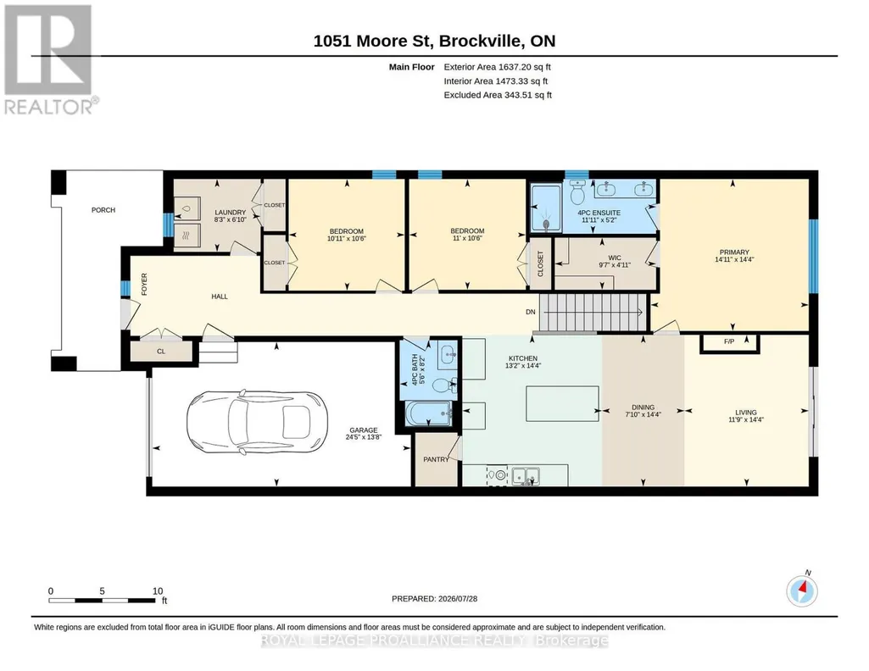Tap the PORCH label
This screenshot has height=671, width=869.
coord(103,210)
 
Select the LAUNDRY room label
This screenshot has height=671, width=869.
coord(230,213)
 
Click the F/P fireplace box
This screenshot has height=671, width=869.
coord(729,342)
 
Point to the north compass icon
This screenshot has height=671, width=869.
coord(802,591)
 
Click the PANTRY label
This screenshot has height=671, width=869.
coord(436,459)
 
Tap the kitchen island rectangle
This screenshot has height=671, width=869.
coord(562,404)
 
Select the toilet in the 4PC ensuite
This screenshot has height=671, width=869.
coord(577,192)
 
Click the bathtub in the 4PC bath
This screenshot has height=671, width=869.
coord(428,414)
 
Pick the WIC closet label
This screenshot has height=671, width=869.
coord(614,258)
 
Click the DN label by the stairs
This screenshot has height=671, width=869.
coord(531,312)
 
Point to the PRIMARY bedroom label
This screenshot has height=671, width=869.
coord(734,252)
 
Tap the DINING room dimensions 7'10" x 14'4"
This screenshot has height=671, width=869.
coord(643,414)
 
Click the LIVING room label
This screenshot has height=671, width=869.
coord(746,413)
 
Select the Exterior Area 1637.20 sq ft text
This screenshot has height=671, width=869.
coord(497,67)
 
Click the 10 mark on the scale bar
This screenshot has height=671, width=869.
coord(158,591)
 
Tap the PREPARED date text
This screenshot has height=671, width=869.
coord(434,598)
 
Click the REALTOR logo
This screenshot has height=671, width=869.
coord(50,59)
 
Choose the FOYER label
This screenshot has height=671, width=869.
coord(144,284)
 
